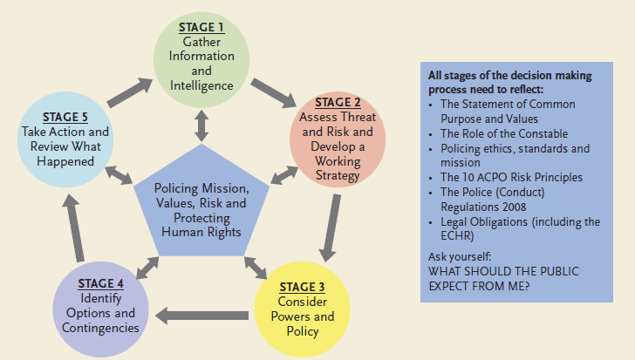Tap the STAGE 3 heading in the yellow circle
(301, 287)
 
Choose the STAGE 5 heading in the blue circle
(65, 118)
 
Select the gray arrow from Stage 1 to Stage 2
(275, 91)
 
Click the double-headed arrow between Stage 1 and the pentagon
(202, 126)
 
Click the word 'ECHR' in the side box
(456, 235)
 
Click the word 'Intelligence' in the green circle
(202, 85)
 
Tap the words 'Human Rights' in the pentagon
(201, 233)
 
